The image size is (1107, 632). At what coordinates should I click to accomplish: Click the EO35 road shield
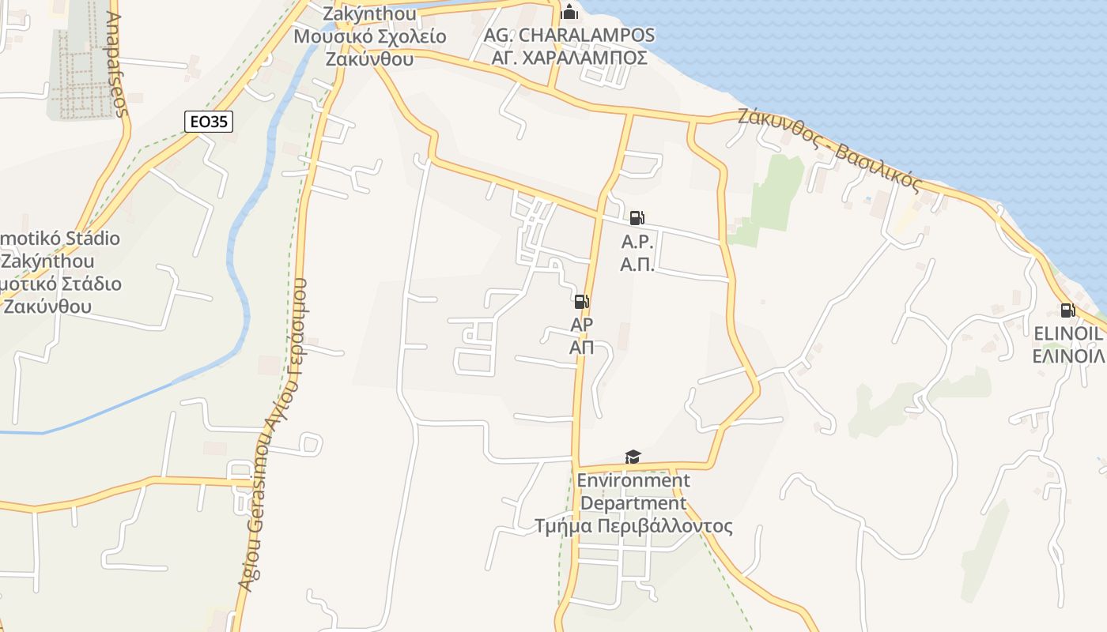pyautogui.click(x=210, y=122)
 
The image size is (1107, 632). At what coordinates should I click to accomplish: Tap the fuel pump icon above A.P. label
pyautogui.click(x=637, y=218)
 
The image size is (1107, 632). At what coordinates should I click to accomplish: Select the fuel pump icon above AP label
pyautogui.click(x=581, y=301)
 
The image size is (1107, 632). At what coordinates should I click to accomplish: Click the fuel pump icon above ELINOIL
pyautogui.click(x=1067, y=310)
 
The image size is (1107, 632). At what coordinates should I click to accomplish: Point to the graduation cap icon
pyautogui.click(x=633, y=457)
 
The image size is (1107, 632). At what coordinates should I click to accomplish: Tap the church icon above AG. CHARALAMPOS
pyautogui.click(x=569, y=12)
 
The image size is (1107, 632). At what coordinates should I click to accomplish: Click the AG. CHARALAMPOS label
pyautogui.click(x=569, y=36)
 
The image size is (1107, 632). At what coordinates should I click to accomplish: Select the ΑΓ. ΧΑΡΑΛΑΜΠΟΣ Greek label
pyautogui.click(x=569, y=58)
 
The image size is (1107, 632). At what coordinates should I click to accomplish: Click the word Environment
pyautogui.click(x=633, y=480)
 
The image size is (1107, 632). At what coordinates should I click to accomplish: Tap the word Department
pyautogui.click(x=633, y=503)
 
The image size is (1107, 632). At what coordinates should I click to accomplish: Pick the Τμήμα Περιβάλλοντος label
pyautogui.click(x=633, y=526)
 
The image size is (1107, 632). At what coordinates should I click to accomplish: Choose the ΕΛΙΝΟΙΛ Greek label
pyautogui.click(x=1067, y=356)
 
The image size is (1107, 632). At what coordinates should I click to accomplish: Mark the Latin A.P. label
pyautogui.click(x=636, y=242)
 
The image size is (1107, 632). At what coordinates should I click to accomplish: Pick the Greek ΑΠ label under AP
pyautogui.click(x=582, y=347)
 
